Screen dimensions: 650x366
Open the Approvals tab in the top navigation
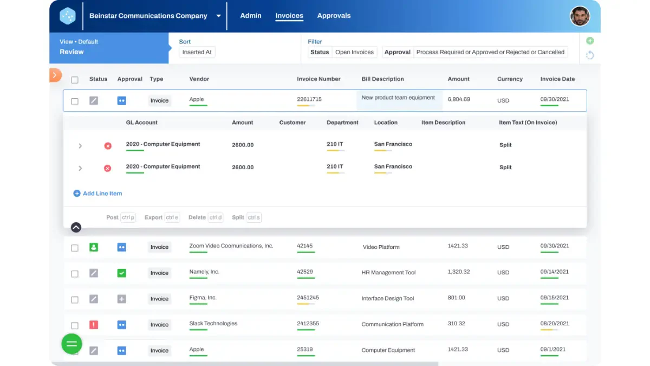click(334, 16)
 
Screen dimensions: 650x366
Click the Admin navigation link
click(251, 16)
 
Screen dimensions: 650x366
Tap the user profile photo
click(580, 16)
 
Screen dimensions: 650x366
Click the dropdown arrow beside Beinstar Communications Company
click(218, 16)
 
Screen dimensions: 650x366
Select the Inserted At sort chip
click(197, 52)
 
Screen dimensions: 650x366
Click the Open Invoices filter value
click(354, 52)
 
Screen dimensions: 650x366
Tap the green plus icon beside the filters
click(590, 41)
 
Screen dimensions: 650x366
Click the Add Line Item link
click(97, 194)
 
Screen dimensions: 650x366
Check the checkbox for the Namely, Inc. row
click(75, 274)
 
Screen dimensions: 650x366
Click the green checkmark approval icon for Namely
click(121, 273)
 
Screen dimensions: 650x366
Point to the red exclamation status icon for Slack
click(93, 325)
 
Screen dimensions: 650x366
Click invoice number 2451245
click(308, 298)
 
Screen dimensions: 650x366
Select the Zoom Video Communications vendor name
click(231, 246)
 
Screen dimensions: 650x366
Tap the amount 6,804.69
click(458, 99)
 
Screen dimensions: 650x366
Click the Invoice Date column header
click(557, 79)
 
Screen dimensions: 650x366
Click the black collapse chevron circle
click(76, 227)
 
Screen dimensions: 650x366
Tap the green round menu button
click(71, 344)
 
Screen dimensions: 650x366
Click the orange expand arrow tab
click(55, 75)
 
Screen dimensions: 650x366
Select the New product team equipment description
click(398, 98)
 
